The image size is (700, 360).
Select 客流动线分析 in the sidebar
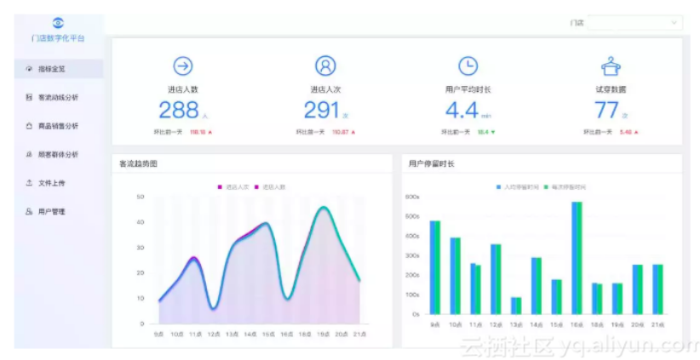(x=57, y=98)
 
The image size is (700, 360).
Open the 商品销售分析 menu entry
(x=57, y=126)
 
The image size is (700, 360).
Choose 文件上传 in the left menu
(x=51, y=183)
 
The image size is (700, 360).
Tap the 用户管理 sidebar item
(x=51, y=211)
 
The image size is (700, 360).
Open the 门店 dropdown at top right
(x=634, y=23)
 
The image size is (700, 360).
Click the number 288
(x=178, y=110)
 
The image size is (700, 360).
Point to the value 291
(x=321, y=110)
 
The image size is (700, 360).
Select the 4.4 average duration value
(x=462, y=110)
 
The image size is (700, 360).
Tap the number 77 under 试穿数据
(x=606, y=110)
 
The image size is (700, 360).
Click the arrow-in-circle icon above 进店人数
(x=182, y=66)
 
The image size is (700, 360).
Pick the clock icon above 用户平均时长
(x=468, y=66)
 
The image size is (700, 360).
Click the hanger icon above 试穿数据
(x=611, y=66)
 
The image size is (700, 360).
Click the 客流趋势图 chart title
(x=139, y=163)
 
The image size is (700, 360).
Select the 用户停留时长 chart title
(x=431, y=163)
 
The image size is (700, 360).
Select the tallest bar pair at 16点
(x=577, y=257)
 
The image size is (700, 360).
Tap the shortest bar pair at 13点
(x=516, y=305)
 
